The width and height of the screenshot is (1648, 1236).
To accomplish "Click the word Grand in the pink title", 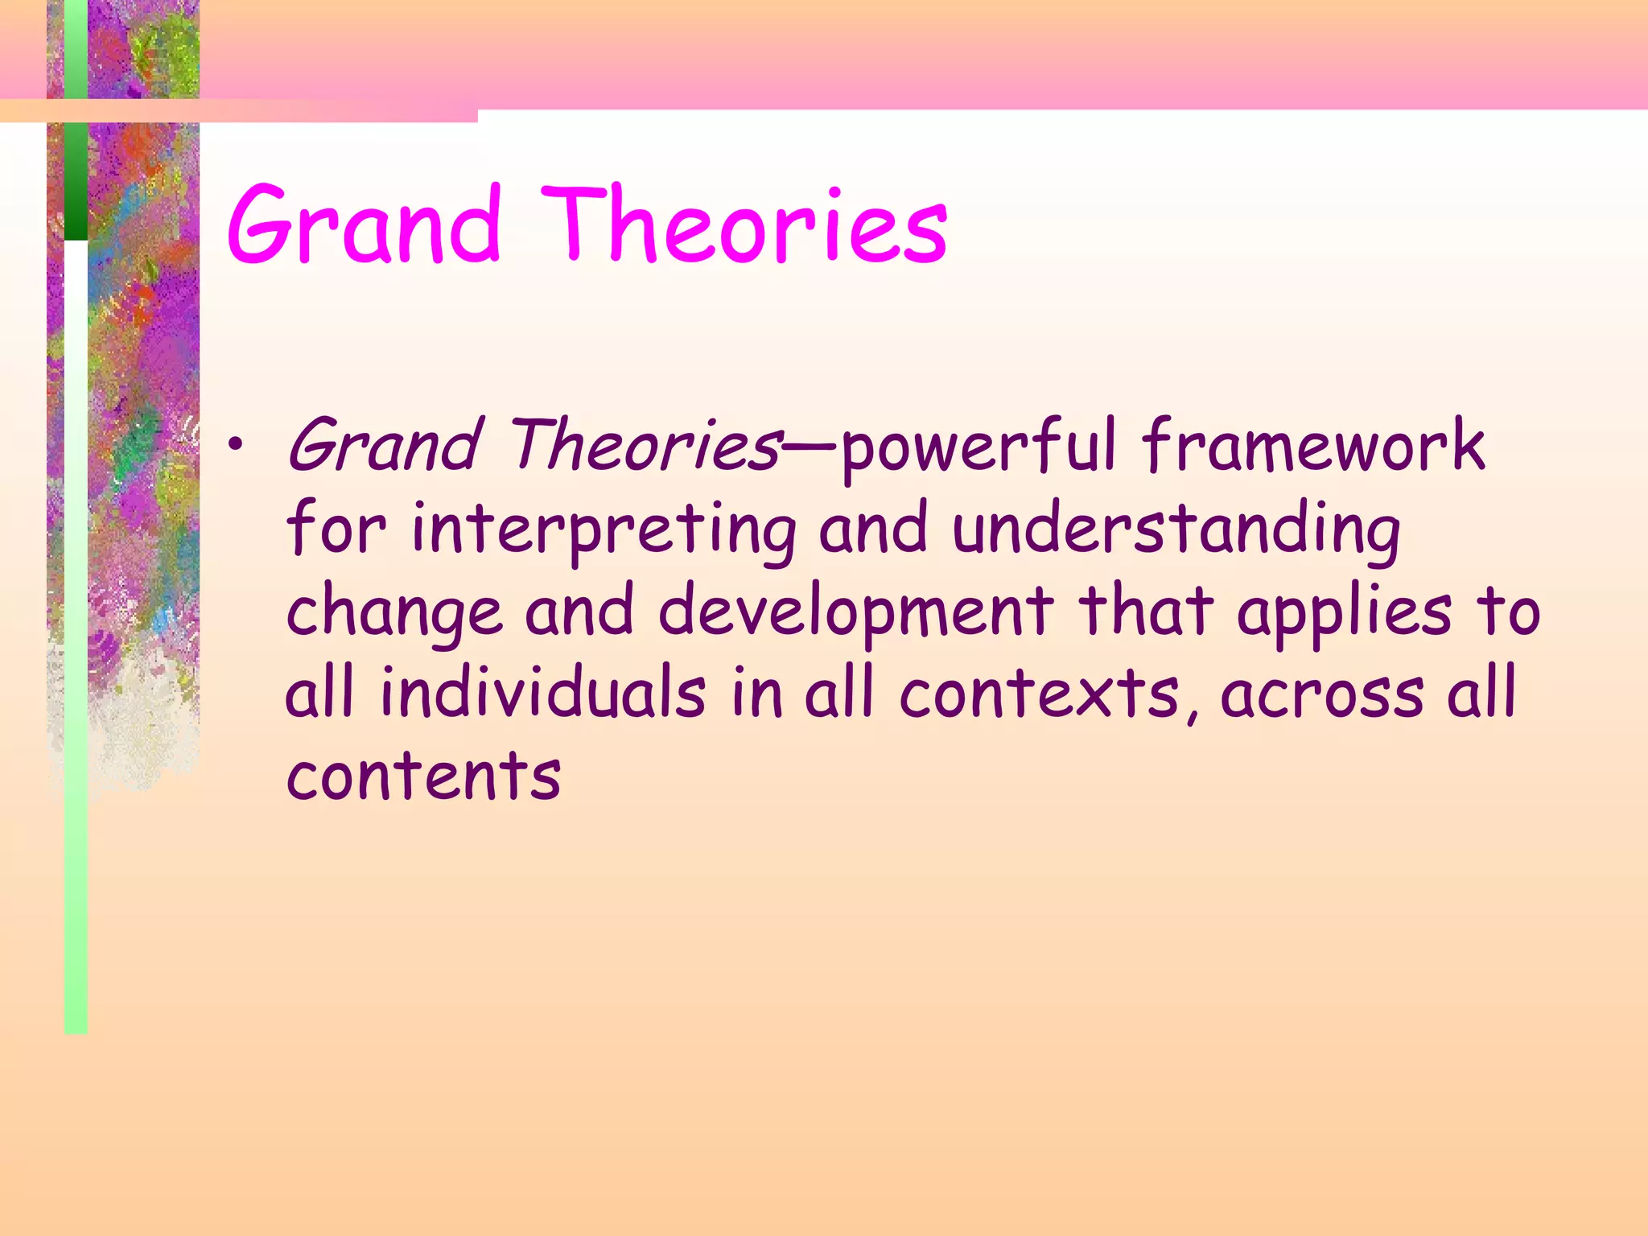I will pos(365,225).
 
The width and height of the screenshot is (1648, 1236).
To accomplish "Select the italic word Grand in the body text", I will pos(385,447).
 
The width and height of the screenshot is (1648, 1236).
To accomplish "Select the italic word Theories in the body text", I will pos(644,447).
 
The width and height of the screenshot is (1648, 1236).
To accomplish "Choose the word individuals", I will pos(543,694).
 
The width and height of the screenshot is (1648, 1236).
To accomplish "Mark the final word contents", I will pos(423,777).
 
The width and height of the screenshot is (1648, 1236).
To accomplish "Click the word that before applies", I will pos(1146,612).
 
